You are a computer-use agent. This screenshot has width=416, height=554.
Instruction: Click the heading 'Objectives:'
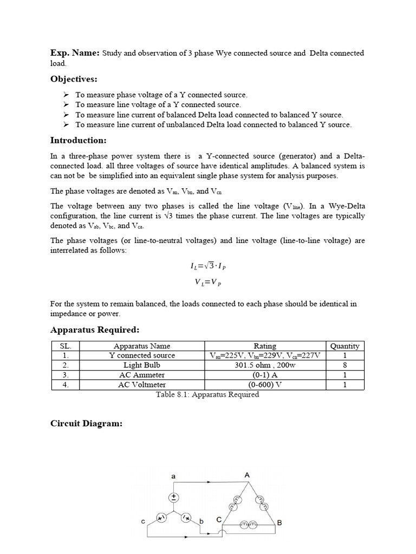pos(74,80)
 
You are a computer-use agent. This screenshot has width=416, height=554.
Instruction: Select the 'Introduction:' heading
pos(78,141)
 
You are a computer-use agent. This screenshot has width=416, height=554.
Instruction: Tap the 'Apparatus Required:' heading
pos(95,329)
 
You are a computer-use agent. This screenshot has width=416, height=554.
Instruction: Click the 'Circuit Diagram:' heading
pos(86,424)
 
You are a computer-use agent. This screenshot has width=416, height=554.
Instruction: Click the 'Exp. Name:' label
pos(75,52)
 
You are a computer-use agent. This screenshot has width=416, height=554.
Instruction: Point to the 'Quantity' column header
pos(344,346)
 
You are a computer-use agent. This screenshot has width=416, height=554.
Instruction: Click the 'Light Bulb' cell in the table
pos(142,365)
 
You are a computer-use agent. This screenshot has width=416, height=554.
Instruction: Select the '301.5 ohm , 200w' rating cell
pos(265,365)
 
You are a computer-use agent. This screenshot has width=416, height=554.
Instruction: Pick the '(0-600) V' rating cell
pos(265,385)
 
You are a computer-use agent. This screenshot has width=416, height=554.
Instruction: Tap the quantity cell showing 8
pos(344,365)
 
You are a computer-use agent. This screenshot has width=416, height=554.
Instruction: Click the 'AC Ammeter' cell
pos(142,375)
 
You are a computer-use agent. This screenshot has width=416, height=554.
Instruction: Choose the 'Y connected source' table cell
pos(142,355)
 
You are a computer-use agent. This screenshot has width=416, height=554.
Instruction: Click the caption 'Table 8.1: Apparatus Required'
pos(207,394)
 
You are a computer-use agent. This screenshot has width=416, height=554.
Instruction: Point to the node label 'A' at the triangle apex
pos(247,475)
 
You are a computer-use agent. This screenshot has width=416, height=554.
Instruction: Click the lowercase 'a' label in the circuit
pos(173,476)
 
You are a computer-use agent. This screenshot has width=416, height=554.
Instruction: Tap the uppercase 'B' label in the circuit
pos(279,523)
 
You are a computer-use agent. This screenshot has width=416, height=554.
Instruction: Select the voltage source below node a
pos(174,497)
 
